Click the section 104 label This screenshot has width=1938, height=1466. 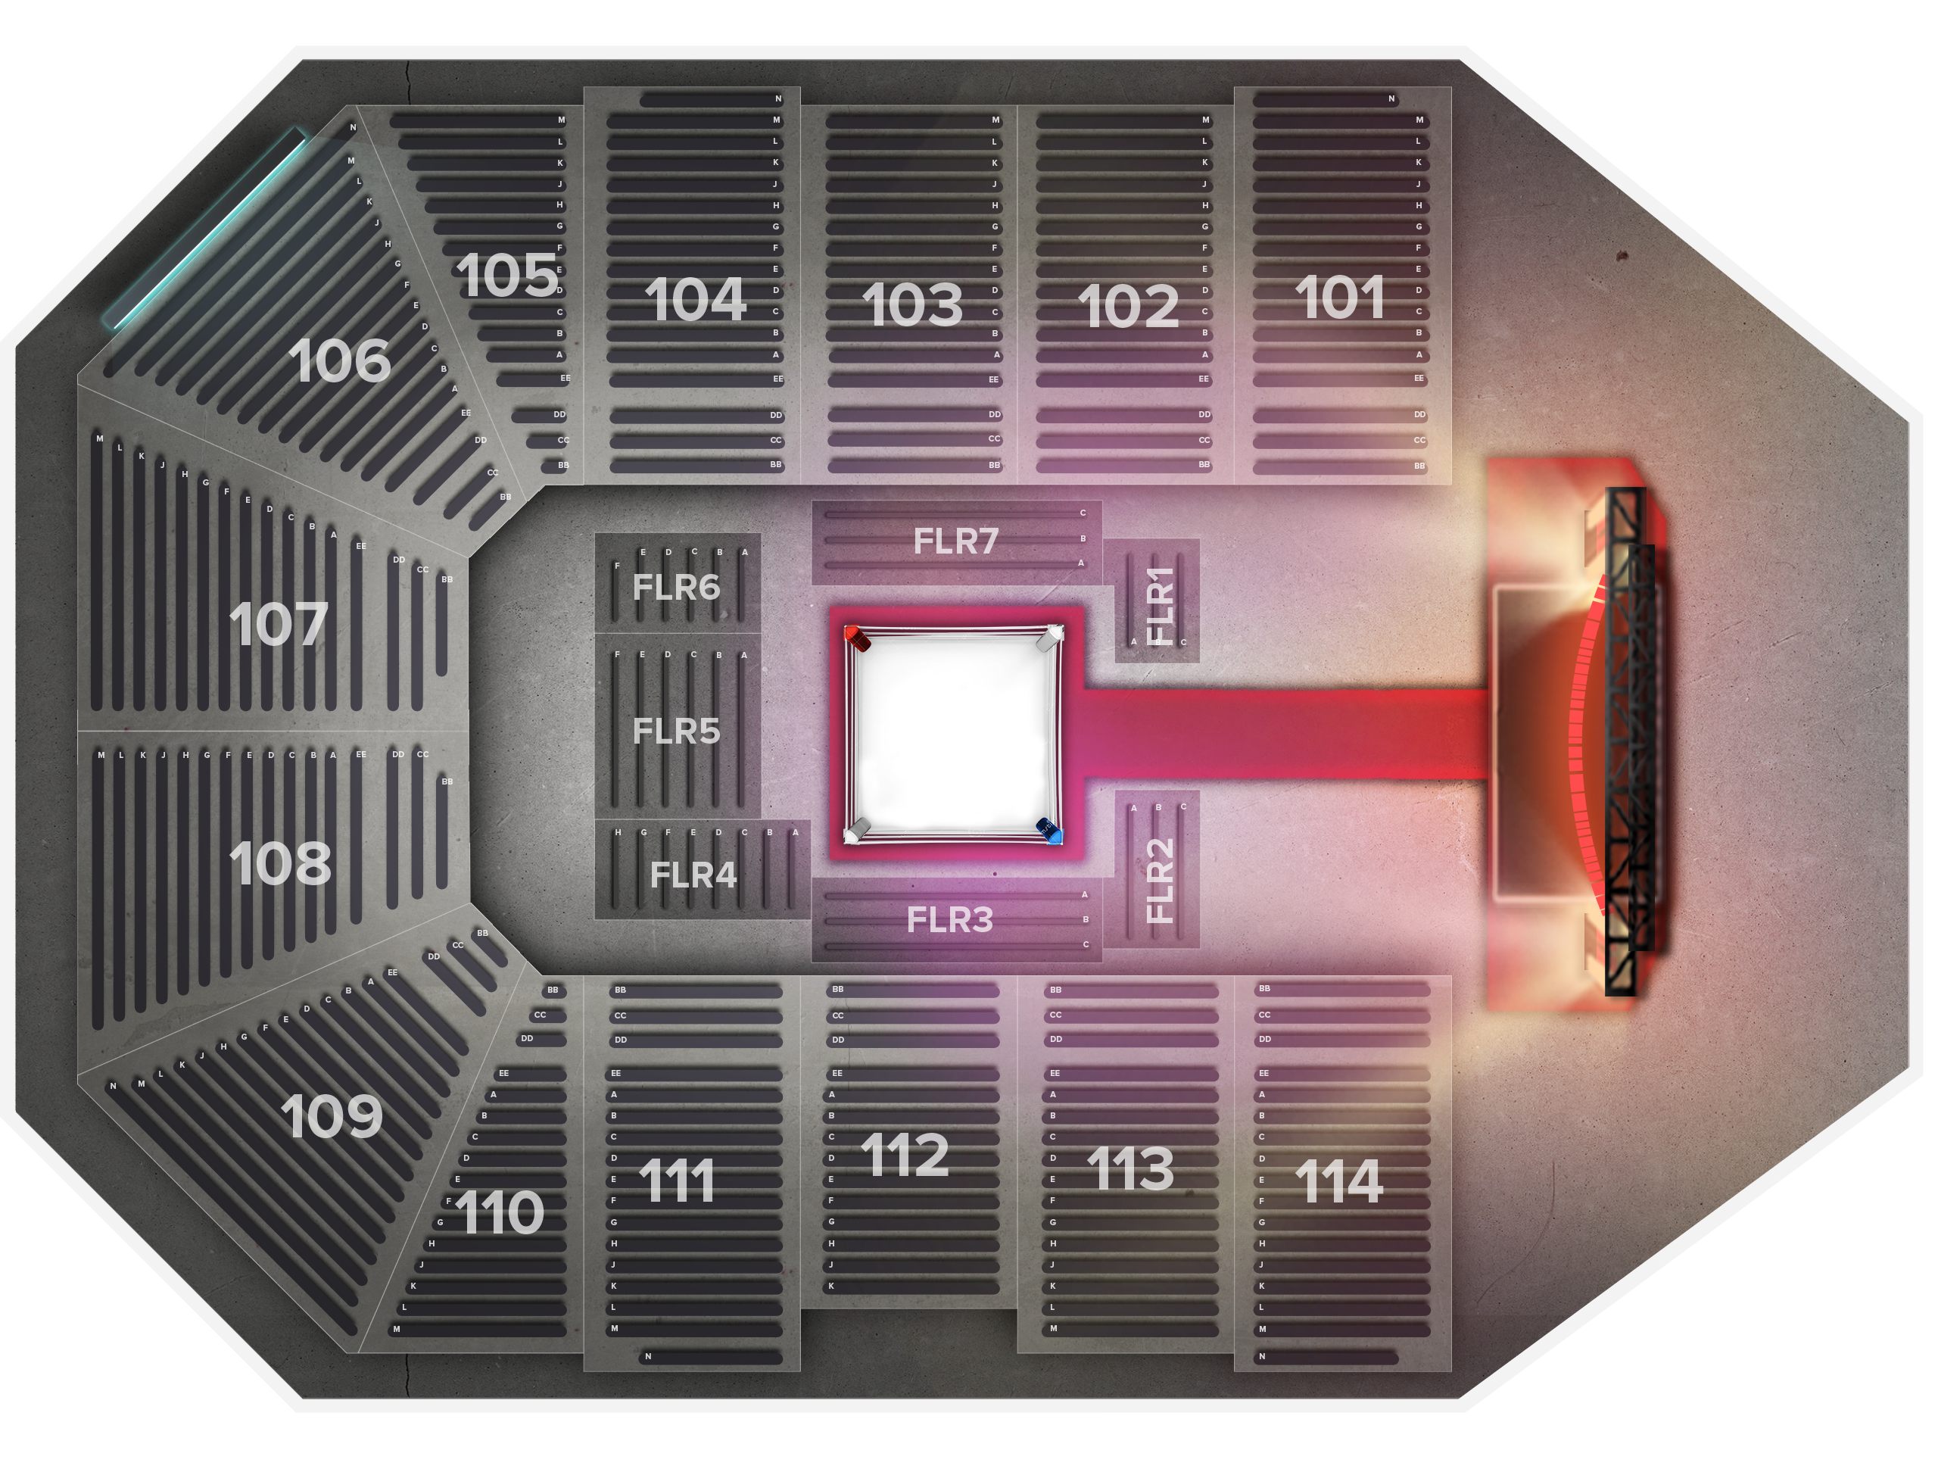[x=696, y=301]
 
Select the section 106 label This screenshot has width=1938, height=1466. [x=339, y=361]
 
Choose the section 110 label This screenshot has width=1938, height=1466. [x=500, y=1213]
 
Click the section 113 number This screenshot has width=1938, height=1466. [x=1130, y=1169]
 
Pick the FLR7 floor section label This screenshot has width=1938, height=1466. [x=956, y=541]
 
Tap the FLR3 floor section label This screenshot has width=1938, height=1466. [x=950, y=920]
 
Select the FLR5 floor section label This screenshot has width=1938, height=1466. [x=676, y=731]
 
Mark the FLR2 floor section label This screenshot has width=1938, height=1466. [x=1160, y=880]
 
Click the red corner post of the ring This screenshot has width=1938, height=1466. [x=857, y=638]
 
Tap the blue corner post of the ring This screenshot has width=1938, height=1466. [x=1048, y=830]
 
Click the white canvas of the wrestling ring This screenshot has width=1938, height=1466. [x=953, y=735]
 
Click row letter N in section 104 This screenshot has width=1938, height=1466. [x=778, y=99]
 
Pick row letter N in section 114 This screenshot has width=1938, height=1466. [x=1263, y=1356]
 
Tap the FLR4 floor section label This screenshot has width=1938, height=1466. [x=693, y=875]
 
